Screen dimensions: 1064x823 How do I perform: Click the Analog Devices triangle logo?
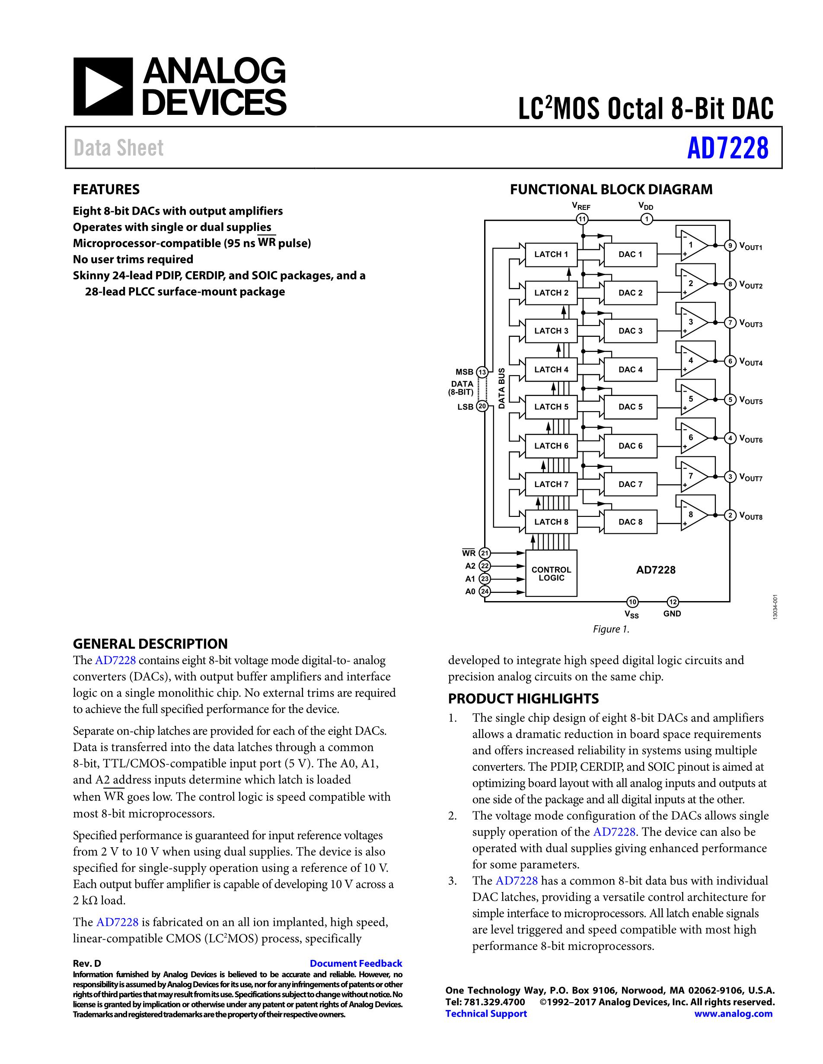[103, 86]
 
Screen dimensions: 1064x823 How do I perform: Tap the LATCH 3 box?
[551, 331]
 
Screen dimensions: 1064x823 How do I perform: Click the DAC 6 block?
[630, 446]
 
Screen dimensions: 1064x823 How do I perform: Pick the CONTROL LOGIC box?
[551, 573]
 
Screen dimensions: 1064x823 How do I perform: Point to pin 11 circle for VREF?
[582, 219]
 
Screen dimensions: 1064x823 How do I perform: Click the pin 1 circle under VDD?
[647, 219]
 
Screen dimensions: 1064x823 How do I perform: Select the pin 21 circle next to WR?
[485, 553]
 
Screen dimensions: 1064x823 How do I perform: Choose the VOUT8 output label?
[751, 516]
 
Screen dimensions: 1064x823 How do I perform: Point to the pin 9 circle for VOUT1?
[730, 246]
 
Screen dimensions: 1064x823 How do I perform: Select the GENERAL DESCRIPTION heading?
[150, 644]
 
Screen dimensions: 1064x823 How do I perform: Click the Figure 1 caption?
[611, 629]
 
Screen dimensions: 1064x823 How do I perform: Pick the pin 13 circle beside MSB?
[482, 372]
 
